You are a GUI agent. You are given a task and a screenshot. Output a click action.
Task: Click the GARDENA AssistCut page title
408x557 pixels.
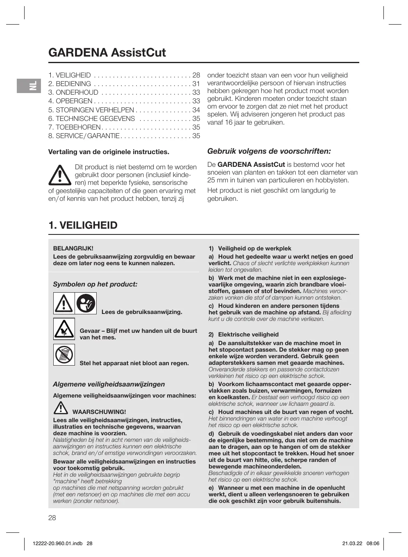[107, 52]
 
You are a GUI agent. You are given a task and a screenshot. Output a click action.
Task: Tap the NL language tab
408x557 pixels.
[29, 86]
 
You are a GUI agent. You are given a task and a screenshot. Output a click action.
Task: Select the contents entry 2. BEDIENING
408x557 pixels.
[70, 84]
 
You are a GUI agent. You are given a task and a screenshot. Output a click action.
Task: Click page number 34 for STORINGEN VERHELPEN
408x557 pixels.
[196, 110]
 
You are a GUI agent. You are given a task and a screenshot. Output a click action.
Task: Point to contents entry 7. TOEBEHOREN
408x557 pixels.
[74, 127]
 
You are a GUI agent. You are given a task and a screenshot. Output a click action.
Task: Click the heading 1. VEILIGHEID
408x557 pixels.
[83, 225]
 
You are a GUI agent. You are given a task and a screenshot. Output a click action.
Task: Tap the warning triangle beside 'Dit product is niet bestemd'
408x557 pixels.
[60, 175]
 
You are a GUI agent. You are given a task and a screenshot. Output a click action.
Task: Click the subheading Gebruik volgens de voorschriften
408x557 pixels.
[269, 151]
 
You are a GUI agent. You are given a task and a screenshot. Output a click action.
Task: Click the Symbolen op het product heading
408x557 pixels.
[95, 284]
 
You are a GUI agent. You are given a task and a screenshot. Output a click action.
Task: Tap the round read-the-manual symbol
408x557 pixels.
[86, 303]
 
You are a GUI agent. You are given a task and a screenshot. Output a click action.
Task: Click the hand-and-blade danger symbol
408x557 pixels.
[64, 329]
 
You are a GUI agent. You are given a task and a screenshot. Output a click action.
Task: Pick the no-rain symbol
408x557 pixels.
[64, 355]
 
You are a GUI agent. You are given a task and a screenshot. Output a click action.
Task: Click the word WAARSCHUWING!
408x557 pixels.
[99, 412]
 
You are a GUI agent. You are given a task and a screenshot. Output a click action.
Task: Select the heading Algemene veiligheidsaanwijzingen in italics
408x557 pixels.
[109, 384]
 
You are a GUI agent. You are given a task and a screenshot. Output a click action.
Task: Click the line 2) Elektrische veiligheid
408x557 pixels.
[243, 334]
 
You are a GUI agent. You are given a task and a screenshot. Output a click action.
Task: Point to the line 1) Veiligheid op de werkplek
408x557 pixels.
[250, 248]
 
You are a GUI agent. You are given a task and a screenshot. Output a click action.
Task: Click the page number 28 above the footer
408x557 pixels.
[52, 518]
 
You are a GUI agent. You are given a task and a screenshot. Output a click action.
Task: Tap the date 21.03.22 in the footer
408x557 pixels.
[352, 543]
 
